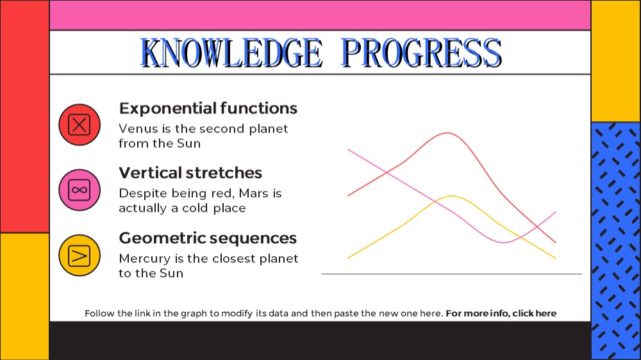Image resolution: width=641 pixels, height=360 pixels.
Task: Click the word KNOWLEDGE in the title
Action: (231, 53)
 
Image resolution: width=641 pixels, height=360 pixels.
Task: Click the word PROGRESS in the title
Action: (422, 53)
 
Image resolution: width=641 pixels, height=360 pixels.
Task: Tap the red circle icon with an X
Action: (79, 125)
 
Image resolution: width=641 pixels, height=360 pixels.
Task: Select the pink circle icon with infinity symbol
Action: (79, 190)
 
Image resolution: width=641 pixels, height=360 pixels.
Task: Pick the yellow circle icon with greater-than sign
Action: (79, 256)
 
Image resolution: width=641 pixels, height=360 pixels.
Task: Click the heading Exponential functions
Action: (208, 108)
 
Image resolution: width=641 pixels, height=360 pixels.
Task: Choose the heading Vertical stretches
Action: (190, 173)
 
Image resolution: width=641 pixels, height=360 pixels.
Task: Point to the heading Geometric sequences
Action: (208, 238)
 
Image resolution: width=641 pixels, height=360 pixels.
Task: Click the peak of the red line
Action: (448, 133)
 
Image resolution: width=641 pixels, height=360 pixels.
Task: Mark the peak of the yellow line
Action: (452, 196)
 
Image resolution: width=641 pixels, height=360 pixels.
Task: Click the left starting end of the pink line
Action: (348, 149)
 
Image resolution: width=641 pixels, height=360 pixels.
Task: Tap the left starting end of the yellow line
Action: (348, 258)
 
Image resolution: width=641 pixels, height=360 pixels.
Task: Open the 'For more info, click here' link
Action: (501, 313)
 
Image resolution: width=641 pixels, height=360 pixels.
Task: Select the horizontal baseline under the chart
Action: (452, 274)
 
